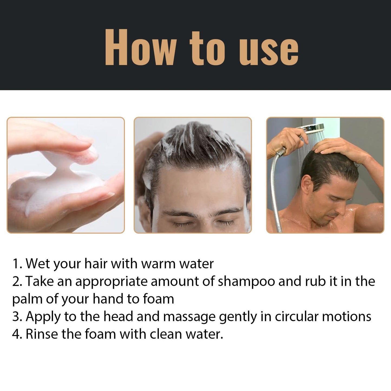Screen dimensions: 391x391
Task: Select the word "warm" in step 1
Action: pos(158,264)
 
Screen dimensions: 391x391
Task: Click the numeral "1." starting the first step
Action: pos(17,264)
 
